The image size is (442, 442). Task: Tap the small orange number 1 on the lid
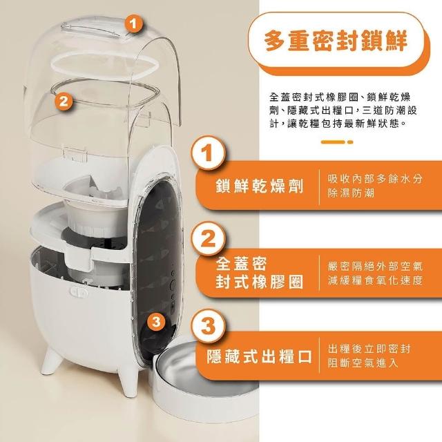point(133,23)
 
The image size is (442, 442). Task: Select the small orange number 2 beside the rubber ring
point(64,100)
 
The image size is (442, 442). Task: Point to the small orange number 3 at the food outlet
point(156,322)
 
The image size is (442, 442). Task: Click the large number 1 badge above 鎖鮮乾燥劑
point(208,153)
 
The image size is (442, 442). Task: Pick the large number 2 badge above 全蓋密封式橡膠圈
point(208,239)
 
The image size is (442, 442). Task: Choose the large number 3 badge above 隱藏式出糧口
point(208,326)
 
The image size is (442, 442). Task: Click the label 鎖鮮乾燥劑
point(260,186)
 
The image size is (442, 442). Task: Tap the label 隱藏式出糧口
point(260,356)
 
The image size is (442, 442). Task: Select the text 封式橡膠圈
point(260,282)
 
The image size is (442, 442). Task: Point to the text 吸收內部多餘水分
point(375,178)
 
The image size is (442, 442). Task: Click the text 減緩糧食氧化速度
point(375,280)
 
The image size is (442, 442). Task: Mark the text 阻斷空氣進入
point(363,363)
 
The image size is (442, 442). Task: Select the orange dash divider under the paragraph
point(337,142)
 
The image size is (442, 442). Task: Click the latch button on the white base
point(78,292)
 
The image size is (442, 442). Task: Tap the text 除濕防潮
point(351,193)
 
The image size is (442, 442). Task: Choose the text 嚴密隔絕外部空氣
point(375,266)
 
